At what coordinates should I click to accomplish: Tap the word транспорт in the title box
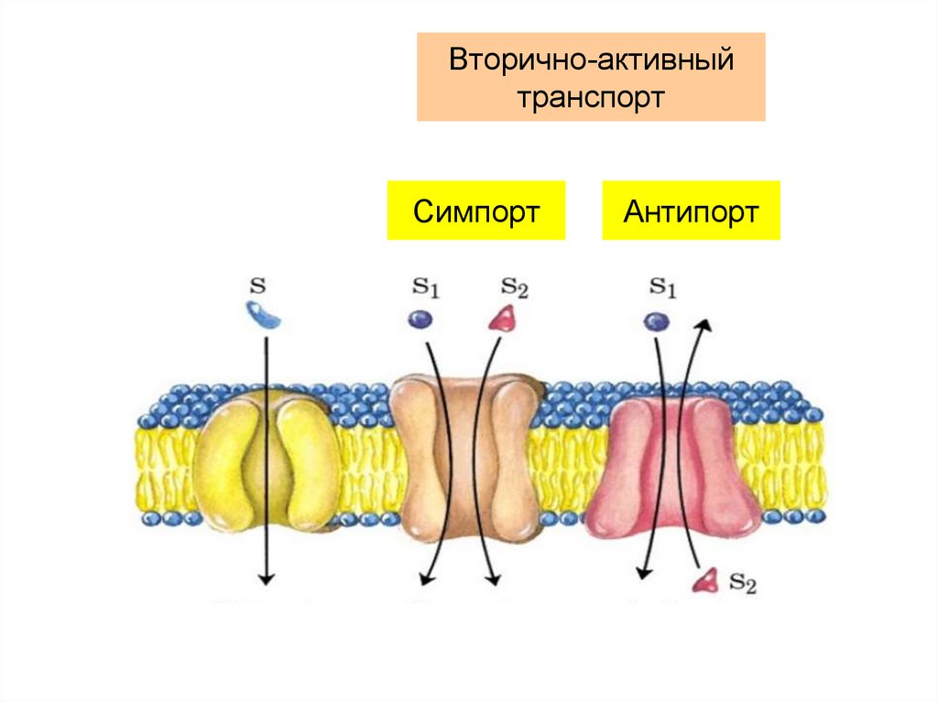point(590,97)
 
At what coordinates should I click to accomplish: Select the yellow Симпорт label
point(475,211)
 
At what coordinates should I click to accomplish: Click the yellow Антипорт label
point(691,211)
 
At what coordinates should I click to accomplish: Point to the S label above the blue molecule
point(257,286)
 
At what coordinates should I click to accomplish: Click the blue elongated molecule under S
point(264,316)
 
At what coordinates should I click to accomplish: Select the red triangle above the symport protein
point(501,319)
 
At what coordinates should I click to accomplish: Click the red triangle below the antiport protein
point(706,579)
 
